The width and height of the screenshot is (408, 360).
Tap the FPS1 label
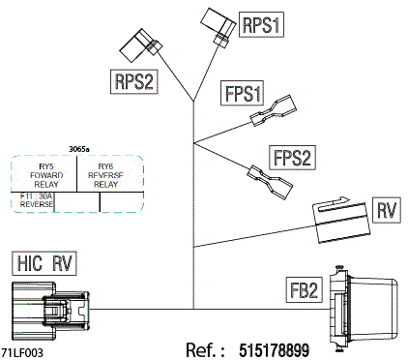coord(243,95)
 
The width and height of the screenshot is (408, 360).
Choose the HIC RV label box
coord(44,262)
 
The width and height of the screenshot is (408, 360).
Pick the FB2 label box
coord(304,288)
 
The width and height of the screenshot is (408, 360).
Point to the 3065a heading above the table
coord(79,149)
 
